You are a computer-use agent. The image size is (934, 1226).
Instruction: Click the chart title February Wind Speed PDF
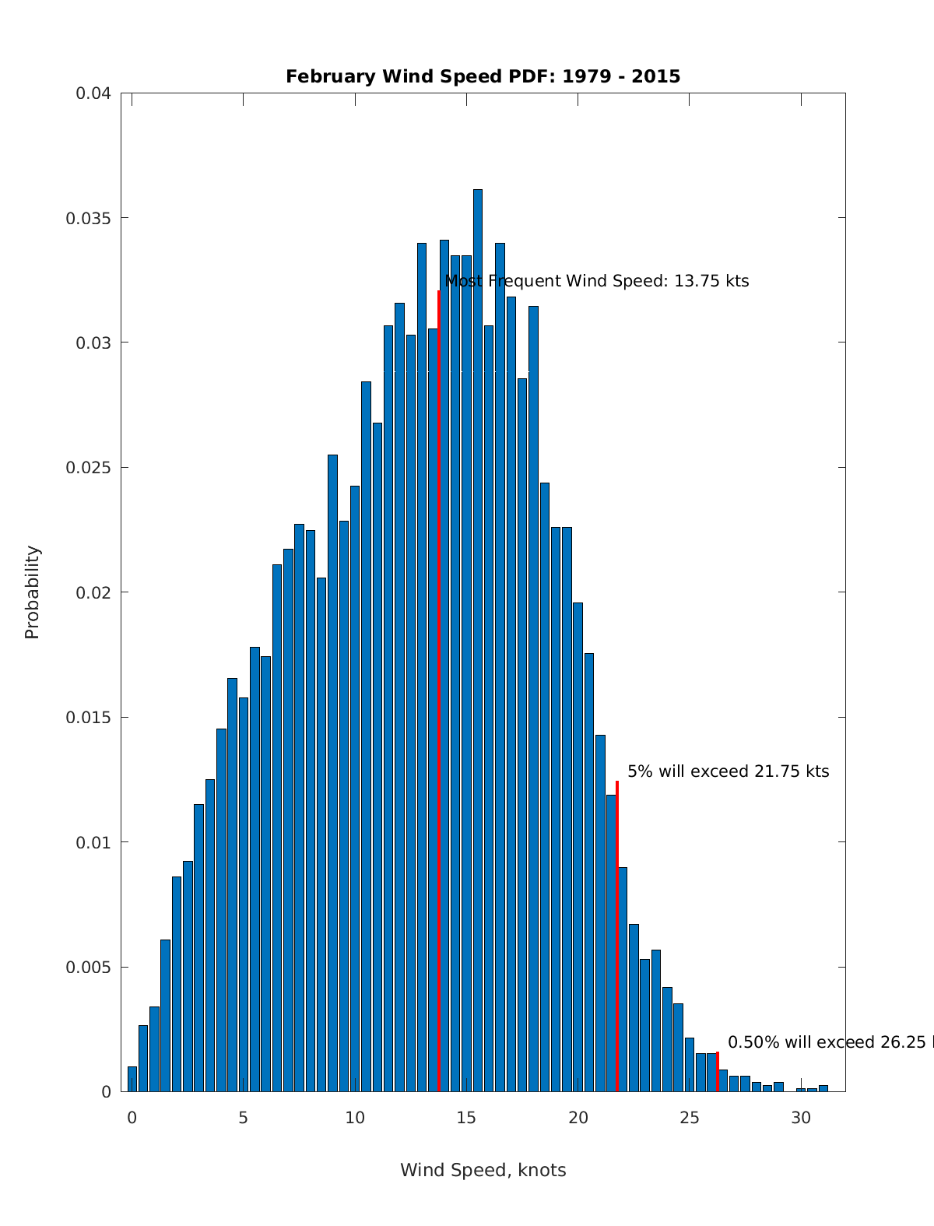pyautogui.click(x=483, y=76)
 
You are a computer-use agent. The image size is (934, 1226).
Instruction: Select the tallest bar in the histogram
pyautogui.click(x=478, y=638)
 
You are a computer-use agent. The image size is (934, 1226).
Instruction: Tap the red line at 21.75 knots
pyautogui.click(x=617, y=934)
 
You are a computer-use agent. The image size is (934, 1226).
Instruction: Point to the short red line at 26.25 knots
pyautogui.click(x=718, y=1072)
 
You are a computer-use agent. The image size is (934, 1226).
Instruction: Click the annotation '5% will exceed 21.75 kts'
pyautogui.click(x=728, y=771)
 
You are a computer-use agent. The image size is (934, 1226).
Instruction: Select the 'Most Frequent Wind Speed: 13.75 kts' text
pyautogui.click(x=596, y=281)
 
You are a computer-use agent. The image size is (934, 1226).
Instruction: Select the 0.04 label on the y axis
pyautogui.click(x=93, y=93)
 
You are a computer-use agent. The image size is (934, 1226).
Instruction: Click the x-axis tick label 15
pyautogui.click(x=466, y=1118)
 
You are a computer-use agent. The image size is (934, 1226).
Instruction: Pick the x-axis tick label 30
pyautogui.click(x=801, y=1118)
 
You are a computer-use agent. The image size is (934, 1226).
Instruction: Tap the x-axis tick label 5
pyautogui.click(x=244, y=1118)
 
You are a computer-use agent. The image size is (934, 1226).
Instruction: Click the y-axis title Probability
pyautogui.click(x=32, y=592)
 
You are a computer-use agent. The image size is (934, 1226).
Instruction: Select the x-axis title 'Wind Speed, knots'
pyautogui.click(x=483, y=1170)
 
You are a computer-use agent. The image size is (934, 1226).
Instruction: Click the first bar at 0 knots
pyautogui.click(x=132, y=1079)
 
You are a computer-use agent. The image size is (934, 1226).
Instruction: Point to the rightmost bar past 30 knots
pyautogui.click(x=823, y=1088)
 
